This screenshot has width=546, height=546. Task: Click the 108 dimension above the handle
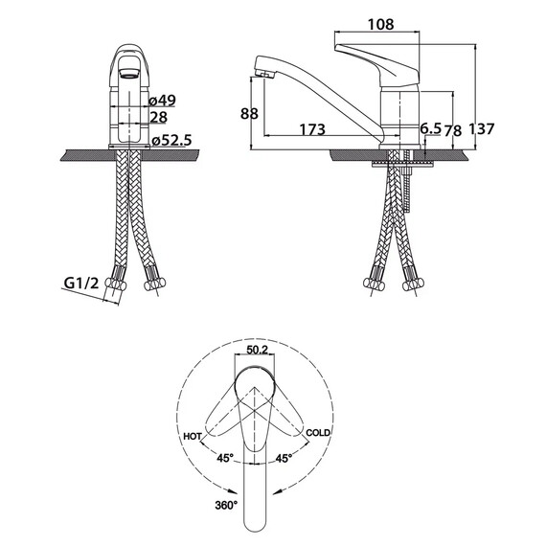381,24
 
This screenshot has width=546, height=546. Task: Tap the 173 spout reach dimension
312,129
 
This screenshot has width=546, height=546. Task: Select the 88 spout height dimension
249,114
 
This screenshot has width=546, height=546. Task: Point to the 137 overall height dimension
482,129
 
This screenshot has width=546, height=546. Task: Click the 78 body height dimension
453,130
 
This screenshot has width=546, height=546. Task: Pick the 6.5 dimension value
431,128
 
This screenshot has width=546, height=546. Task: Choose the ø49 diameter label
162,101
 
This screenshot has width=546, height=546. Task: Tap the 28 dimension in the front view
158,118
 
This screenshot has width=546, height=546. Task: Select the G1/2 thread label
81,284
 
